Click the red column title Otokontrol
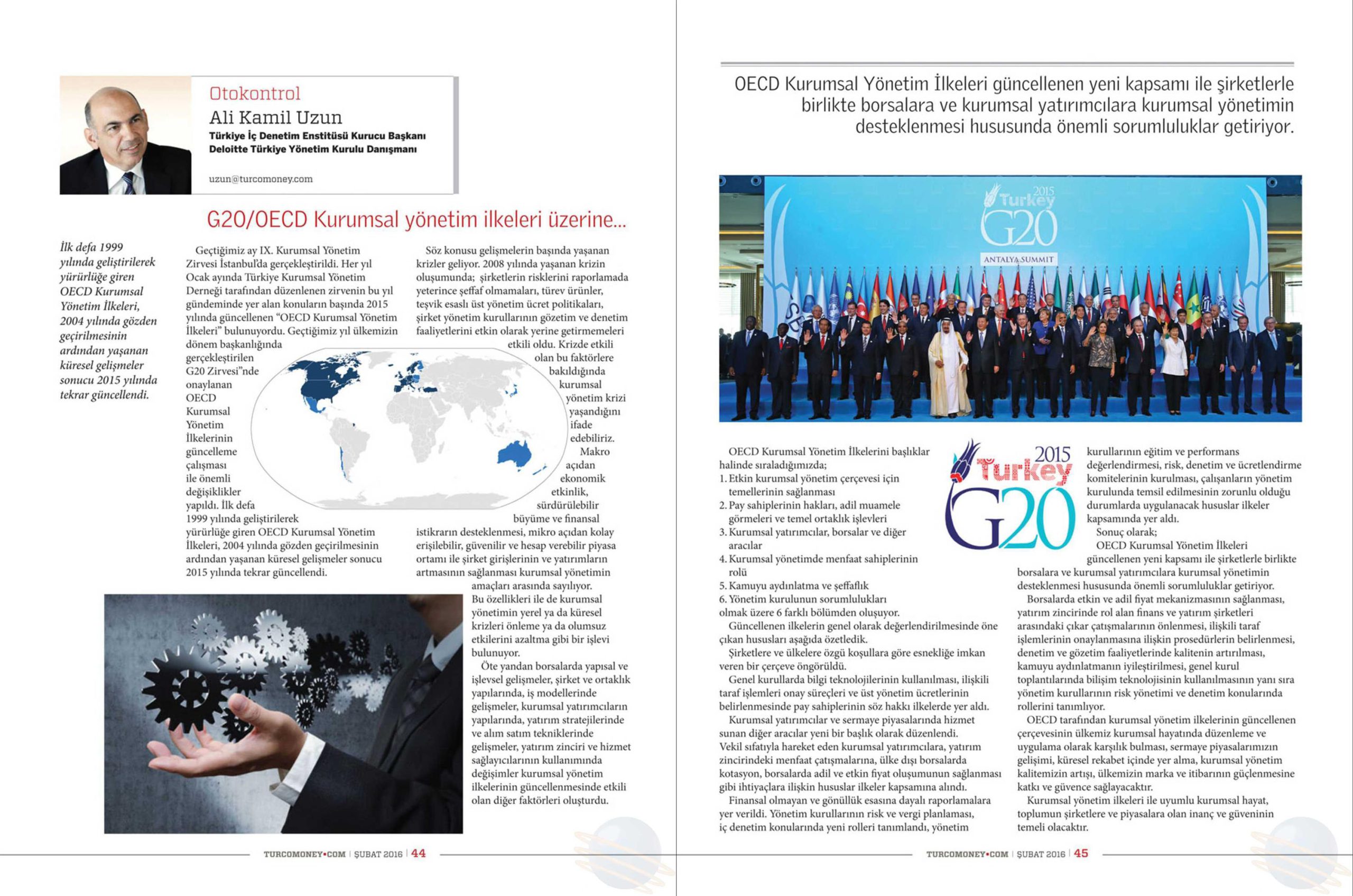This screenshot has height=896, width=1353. click(x=255, y=94)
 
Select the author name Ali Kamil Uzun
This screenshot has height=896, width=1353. click(x=275, y=118)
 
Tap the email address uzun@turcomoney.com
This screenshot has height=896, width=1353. click(x=261, y=179)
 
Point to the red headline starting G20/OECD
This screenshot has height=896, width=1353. click(x=416, y=220)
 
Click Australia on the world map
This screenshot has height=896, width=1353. click(x=515, y=454)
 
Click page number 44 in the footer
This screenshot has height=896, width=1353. click(x=418, y=854)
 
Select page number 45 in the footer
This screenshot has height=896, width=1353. click(x=1081, y=854)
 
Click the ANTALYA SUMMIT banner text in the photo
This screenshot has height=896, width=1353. click(x=1018, y=260)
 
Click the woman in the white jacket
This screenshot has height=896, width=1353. click(x=1174, y=366)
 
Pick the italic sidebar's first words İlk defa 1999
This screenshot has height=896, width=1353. click(x=91, y=247)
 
